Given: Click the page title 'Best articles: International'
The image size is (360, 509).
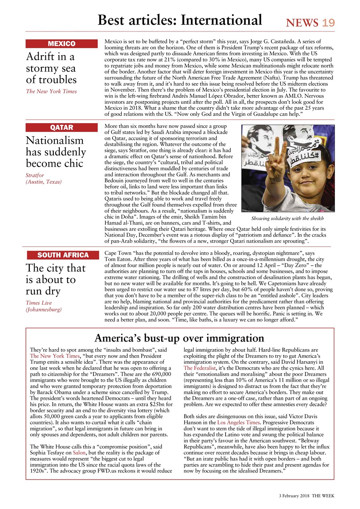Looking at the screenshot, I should [180, 20].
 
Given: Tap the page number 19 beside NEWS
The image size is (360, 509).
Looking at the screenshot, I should [329, 23].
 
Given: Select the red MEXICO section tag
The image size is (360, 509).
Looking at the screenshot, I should [62, 44].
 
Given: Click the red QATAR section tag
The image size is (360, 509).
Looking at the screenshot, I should [62, 128].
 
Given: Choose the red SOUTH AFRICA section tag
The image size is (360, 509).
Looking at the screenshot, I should [63, 255].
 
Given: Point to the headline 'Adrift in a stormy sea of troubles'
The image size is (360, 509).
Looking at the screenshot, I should [51, 68].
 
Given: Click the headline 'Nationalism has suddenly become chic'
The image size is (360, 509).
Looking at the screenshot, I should [56, 152].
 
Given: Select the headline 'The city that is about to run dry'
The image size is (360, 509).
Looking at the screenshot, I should [56, 280].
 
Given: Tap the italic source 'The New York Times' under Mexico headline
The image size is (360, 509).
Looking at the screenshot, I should [51, 91].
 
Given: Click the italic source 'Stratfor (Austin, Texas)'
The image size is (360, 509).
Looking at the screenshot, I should [44, 178].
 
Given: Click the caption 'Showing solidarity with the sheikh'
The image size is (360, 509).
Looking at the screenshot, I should [288, 219].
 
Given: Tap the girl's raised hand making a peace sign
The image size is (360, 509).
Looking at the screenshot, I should [276, 159].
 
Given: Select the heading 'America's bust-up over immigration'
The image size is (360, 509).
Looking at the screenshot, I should [179, 338].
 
